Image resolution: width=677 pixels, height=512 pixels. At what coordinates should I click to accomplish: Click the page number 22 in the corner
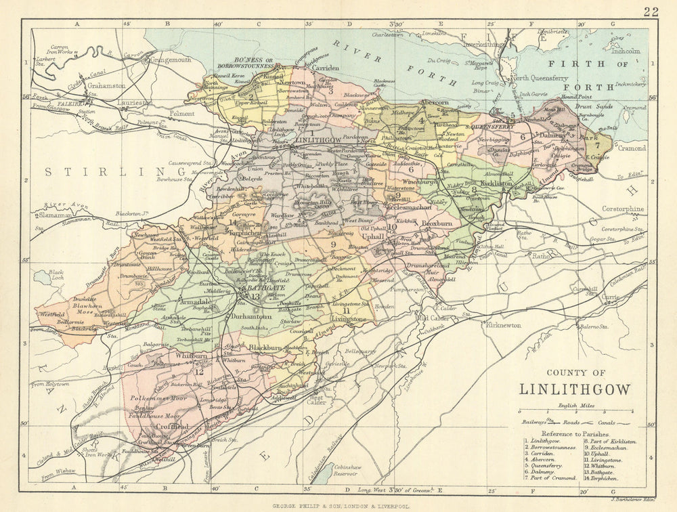pos(651,11)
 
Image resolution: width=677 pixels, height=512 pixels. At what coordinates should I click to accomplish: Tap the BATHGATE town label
pos(264,288)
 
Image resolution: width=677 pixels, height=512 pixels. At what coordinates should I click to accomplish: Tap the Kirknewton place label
pos(503,325)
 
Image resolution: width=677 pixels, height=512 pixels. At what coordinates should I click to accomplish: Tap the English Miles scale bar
pos(575,412)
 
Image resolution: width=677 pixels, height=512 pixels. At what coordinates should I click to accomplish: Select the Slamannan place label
pos(49,215)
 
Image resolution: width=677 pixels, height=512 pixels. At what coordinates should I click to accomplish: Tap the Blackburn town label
pos(265,347)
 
